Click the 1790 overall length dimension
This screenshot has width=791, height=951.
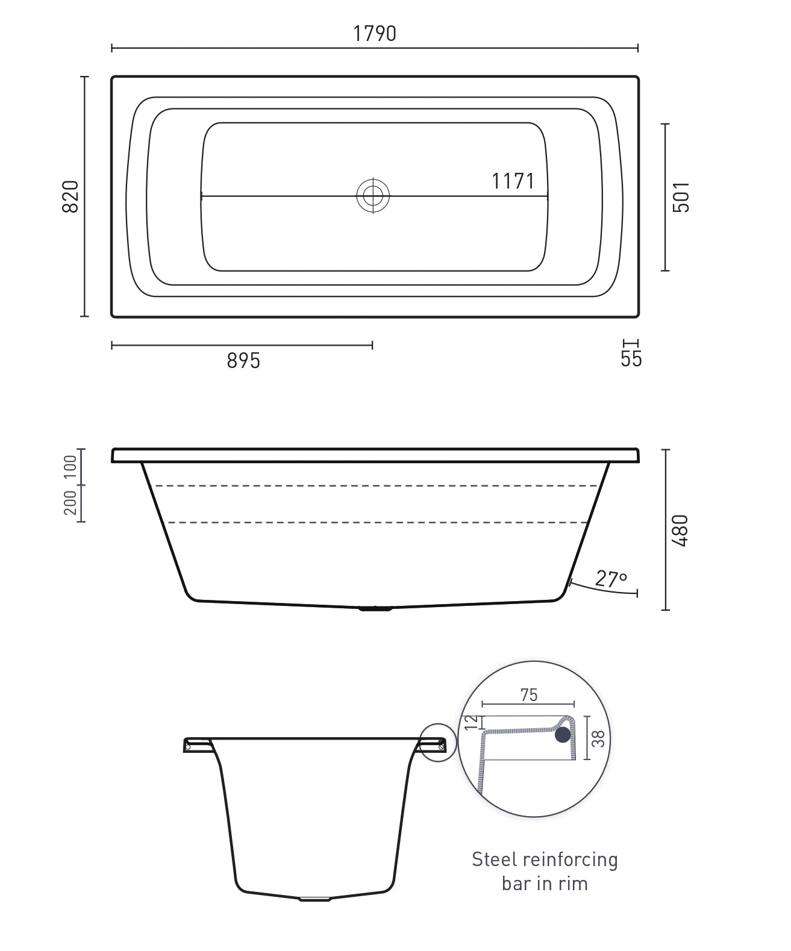(x=374, y=34)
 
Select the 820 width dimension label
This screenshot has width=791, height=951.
(x=70, y=196)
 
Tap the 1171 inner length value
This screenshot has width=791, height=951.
(x=513, y=181)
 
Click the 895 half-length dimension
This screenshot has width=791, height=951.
(x=243, y=361)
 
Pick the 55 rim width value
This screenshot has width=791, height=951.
(x=631, y=359)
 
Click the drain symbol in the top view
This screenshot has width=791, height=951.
(x=373, y=196)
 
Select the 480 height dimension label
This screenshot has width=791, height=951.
(x=680, y=530)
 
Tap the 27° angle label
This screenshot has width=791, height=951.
(x=611, y=579)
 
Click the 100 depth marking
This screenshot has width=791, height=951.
(x=70, y=467)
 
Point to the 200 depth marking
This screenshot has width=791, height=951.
(x=70, y=503)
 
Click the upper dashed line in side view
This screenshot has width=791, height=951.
(x=374, y=485)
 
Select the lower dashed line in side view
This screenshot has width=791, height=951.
(x=374, y=522)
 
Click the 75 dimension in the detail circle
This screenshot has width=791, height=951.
(x=528, y=694)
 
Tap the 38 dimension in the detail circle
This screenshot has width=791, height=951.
(x=598, y=739)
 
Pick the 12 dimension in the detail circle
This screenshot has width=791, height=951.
(x=472, y=721)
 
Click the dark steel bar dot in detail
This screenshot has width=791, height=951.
(x=563, y=734)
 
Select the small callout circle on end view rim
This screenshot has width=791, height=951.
(x=438, y=743)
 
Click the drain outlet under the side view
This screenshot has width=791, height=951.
(x=375, y=608)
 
